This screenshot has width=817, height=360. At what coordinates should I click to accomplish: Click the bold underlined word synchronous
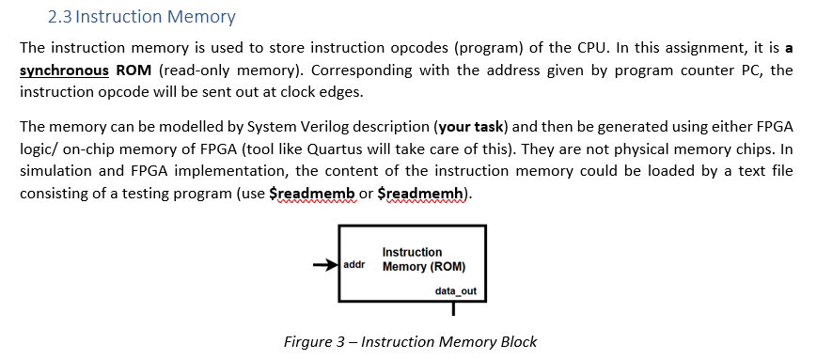coord(63,71)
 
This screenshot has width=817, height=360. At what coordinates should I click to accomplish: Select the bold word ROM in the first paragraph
coord(134,71)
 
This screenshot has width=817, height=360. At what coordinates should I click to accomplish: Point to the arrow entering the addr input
coord(325,265)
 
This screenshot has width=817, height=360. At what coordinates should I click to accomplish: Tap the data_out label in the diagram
coord(455,291)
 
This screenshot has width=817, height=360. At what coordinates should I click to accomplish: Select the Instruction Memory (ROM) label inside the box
coord(423,259)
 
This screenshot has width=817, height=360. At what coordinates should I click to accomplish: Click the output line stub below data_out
coord(453,308)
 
